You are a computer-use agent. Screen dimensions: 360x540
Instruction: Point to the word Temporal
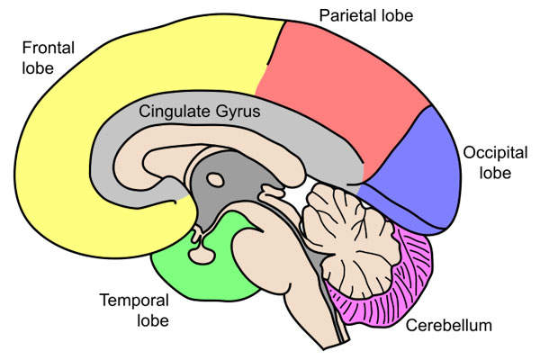click(132, 301)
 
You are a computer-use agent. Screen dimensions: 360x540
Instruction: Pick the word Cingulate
click(173, 112)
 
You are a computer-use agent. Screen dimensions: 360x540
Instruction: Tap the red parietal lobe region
click(342, 99)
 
